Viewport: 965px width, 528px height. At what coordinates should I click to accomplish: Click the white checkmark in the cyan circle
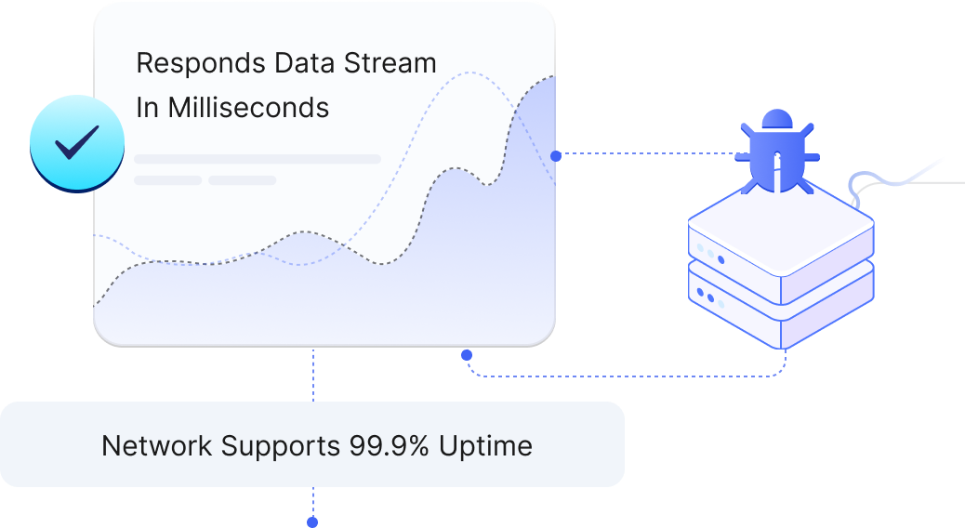[76, 143]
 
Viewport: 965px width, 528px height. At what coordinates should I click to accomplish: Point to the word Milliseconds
[247, 108]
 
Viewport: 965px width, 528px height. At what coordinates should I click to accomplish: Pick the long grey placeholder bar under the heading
[258, 159]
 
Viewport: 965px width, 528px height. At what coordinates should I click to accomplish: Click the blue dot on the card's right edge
[556, 156]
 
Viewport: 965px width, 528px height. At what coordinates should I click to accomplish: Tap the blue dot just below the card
[467, 354]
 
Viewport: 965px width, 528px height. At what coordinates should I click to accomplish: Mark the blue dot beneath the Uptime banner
[312, 522]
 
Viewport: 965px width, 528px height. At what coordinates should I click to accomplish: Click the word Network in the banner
[157, 445]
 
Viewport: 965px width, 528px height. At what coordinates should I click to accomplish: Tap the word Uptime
[486, 445]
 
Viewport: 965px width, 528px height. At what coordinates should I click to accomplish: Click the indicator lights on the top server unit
[708, 252]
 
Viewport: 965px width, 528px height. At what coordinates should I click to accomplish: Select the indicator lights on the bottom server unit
[708, 299]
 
